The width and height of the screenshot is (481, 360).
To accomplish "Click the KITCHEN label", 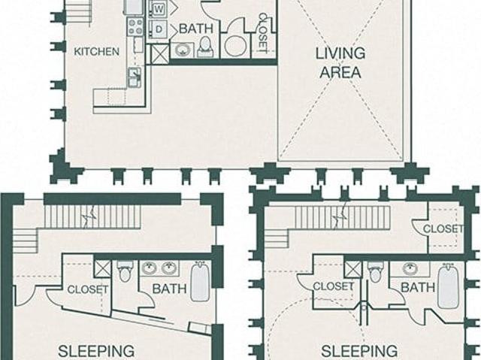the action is point(97,52).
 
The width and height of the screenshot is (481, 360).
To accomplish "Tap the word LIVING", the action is point(340,53).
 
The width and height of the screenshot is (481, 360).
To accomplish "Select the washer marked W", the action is point(159,9).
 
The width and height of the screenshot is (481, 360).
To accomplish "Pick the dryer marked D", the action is point(159,29).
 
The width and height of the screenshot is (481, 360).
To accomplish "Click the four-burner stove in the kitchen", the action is point(135,26).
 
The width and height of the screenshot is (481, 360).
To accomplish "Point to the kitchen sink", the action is point(135,77).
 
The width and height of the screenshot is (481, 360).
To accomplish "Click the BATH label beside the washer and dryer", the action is point(196,29).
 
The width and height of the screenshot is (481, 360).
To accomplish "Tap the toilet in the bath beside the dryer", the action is point(205,47).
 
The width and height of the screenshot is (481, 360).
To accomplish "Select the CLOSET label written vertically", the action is point(263,33).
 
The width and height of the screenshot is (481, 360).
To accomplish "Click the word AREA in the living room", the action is point(340,73).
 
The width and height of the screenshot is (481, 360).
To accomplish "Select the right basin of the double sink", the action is point(168,268).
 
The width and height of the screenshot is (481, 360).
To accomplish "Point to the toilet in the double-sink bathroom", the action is point(125,271).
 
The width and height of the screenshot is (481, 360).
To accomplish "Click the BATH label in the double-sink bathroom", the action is point(169,289).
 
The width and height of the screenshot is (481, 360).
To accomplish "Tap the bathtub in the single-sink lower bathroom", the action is point(448,286).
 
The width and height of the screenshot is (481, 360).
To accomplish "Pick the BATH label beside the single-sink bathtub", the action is point(418,288).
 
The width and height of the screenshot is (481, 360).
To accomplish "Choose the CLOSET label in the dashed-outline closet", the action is point(443,228).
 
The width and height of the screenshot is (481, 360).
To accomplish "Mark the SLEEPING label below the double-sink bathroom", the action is point(96,351).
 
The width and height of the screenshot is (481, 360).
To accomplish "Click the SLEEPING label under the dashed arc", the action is point(359,351).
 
